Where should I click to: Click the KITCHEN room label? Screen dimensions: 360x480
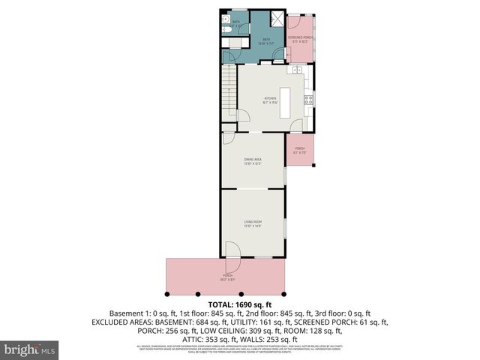pos(269,100)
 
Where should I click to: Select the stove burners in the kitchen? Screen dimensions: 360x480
pos(307,99)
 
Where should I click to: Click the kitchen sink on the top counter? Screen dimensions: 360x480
pos(298,70)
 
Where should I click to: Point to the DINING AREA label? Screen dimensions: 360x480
pos(252,161)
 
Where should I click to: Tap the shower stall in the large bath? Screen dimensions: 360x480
pos(277,20)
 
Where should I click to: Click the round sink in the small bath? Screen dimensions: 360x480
pos(241,29)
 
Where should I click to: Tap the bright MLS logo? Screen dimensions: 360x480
pos(30,349)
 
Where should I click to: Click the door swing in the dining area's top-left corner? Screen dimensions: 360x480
pos(227,139)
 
